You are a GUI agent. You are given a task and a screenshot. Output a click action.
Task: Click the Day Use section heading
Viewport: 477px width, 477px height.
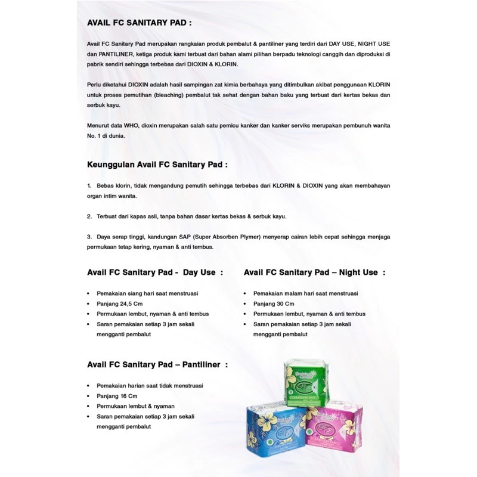155,272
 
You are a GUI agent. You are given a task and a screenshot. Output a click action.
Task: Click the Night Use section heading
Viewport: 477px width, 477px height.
314,272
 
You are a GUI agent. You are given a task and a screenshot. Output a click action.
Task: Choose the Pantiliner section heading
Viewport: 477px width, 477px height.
157,364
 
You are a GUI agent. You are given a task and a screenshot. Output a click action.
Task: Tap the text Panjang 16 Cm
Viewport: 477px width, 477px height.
117,396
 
